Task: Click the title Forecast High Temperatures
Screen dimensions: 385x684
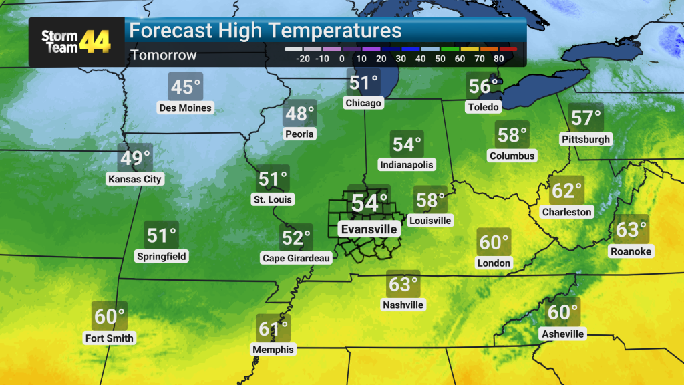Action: [265, 31]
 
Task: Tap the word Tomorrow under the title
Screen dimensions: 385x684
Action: [164, 55]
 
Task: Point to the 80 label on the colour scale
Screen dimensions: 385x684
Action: [498, 59]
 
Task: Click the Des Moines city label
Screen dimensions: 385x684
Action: [185, 108]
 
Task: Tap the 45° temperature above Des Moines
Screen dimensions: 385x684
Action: [186, 88]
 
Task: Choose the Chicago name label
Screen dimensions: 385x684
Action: [363, 103]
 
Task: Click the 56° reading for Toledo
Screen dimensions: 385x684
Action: [484, 87]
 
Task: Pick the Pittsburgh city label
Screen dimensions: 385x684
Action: [585, 140]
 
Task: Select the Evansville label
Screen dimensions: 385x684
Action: [369, 229]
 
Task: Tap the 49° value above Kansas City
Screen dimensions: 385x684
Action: [135, 159]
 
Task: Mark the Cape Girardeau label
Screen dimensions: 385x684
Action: [297, 258]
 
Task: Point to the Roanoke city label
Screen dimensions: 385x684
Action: [631, 251]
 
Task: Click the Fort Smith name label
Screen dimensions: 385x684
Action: [110, 338]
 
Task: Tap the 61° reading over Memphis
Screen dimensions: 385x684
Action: [273, 329]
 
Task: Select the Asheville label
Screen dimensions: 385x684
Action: [563, 334]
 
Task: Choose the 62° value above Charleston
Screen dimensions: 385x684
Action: [566, 191]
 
